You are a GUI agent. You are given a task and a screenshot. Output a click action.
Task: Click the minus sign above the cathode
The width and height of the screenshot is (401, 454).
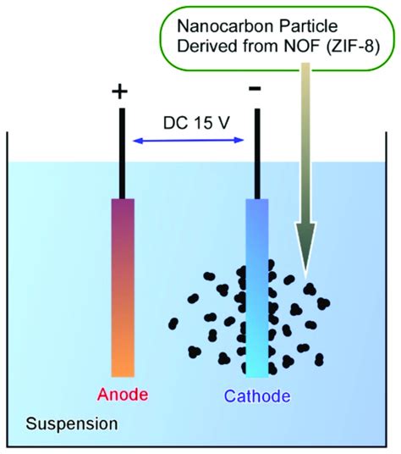pyautogui.click(x=255, y=88)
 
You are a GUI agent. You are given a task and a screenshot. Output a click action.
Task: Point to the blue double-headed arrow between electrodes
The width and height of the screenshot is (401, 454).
pyautogui.click(x=189, y=141)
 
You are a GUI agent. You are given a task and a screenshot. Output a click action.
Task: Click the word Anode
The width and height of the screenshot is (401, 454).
pyautogui.click(x=124, y=396)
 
